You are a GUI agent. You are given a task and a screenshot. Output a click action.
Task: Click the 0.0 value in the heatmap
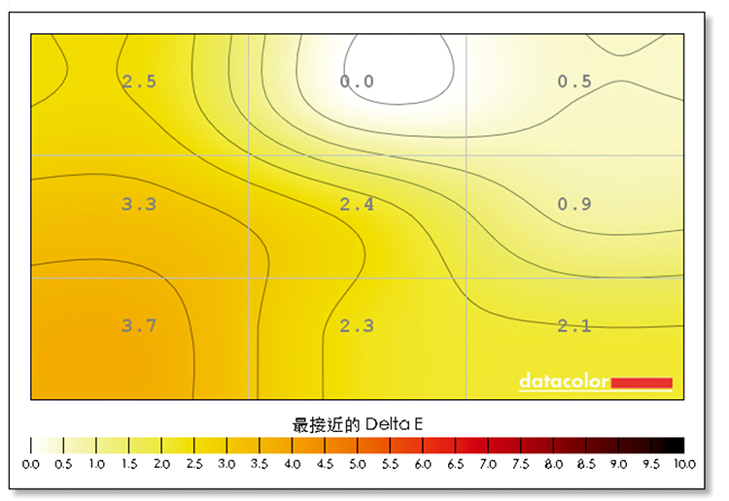pos(357,82)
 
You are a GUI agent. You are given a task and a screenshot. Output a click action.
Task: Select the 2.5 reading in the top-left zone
pos(139,82)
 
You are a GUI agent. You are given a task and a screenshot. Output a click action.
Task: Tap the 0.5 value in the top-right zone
pos(574,82)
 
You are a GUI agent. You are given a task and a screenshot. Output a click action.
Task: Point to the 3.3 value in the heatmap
pos(139,204)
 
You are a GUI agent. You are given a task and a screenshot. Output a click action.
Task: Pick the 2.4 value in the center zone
pos(357,204)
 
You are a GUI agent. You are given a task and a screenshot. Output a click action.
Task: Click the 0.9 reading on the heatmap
pos(574,204)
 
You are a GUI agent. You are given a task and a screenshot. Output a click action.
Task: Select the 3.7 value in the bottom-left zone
pos(139,326)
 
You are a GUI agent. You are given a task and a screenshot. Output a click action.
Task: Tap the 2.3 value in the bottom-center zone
pos(357,326)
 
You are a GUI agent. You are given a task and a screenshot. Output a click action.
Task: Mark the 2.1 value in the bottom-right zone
pos(574,326)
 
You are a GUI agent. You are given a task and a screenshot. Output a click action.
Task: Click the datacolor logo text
pos(564,381)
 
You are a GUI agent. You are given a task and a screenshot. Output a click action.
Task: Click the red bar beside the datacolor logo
pos(642,382)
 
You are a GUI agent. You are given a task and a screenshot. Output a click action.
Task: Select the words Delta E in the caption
pos(394,424)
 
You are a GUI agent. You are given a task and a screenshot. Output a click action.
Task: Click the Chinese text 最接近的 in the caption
pos(327,424)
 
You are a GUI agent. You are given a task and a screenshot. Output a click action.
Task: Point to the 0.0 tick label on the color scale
pos(31,466)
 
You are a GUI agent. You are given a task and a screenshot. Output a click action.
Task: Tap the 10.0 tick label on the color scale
pos(684,466)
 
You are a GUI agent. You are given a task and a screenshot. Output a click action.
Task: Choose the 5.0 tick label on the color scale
pos(358,466)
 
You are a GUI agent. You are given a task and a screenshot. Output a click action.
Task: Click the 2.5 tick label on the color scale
pos(194,466)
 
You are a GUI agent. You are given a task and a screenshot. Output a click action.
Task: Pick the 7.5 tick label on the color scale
pos(521,466)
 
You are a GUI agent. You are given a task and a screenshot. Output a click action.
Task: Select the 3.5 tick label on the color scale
pos(260,466)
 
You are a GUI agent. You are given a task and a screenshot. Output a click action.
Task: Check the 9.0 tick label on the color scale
pos(619,466)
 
